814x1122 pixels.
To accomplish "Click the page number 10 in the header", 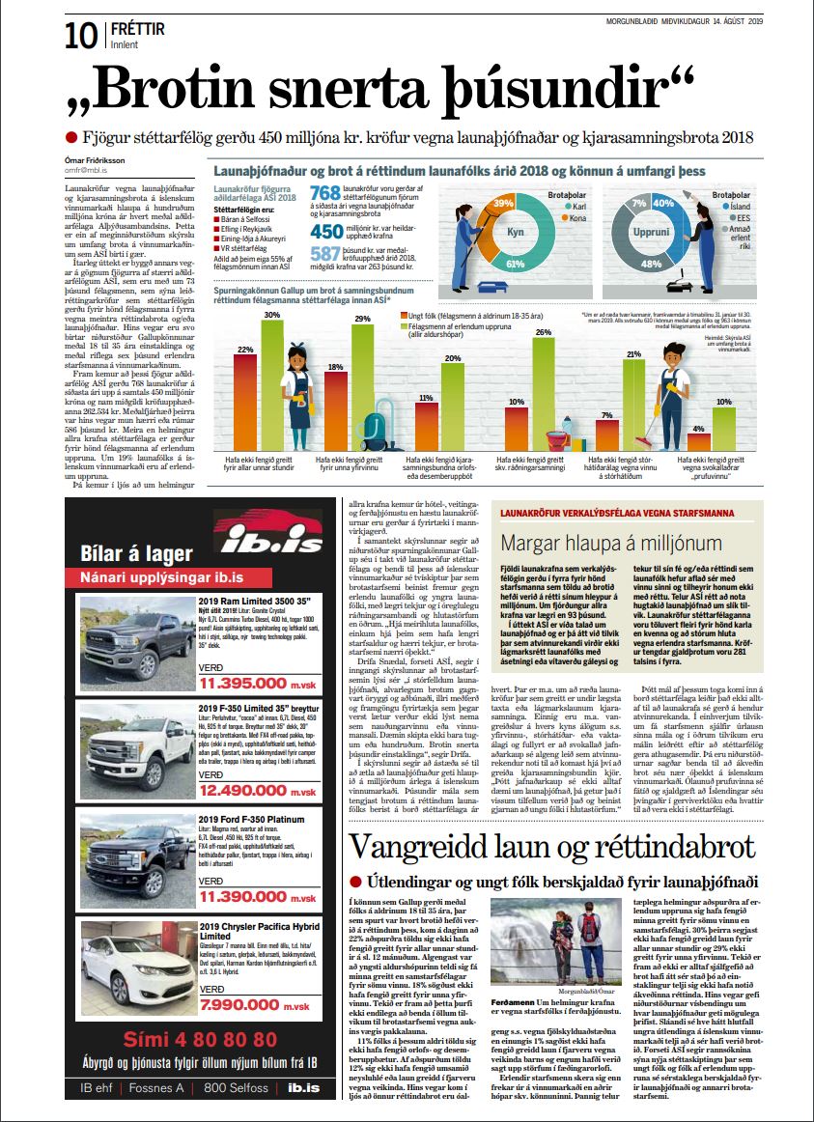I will point(79,37).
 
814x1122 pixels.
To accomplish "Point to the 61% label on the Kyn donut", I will point(514,263).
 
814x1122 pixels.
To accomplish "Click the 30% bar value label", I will point(272,315).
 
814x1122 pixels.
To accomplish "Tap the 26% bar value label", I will point(543,332).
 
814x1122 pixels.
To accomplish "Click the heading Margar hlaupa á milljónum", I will point(611,542).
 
